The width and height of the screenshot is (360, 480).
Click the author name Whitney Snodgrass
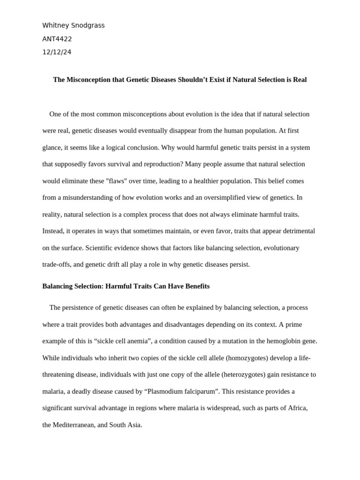(x=74, y=25)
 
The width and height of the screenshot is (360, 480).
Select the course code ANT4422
(x=57, y=39)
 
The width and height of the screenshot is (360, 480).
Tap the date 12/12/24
(x=57, y=52)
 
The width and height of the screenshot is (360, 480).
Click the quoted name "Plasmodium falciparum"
(x=177, y=391)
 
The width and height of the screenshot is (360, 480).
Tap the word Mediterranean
(x=75, y=425)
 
